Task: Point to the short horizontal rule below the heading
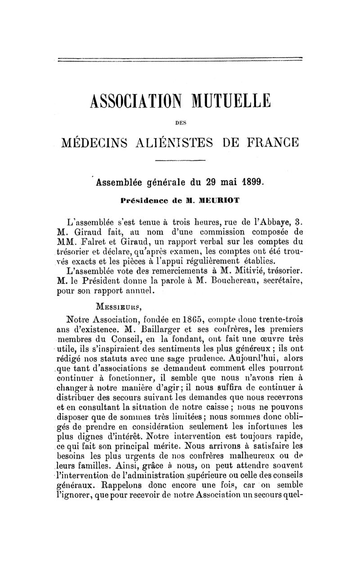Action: (x=180, y=160)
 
